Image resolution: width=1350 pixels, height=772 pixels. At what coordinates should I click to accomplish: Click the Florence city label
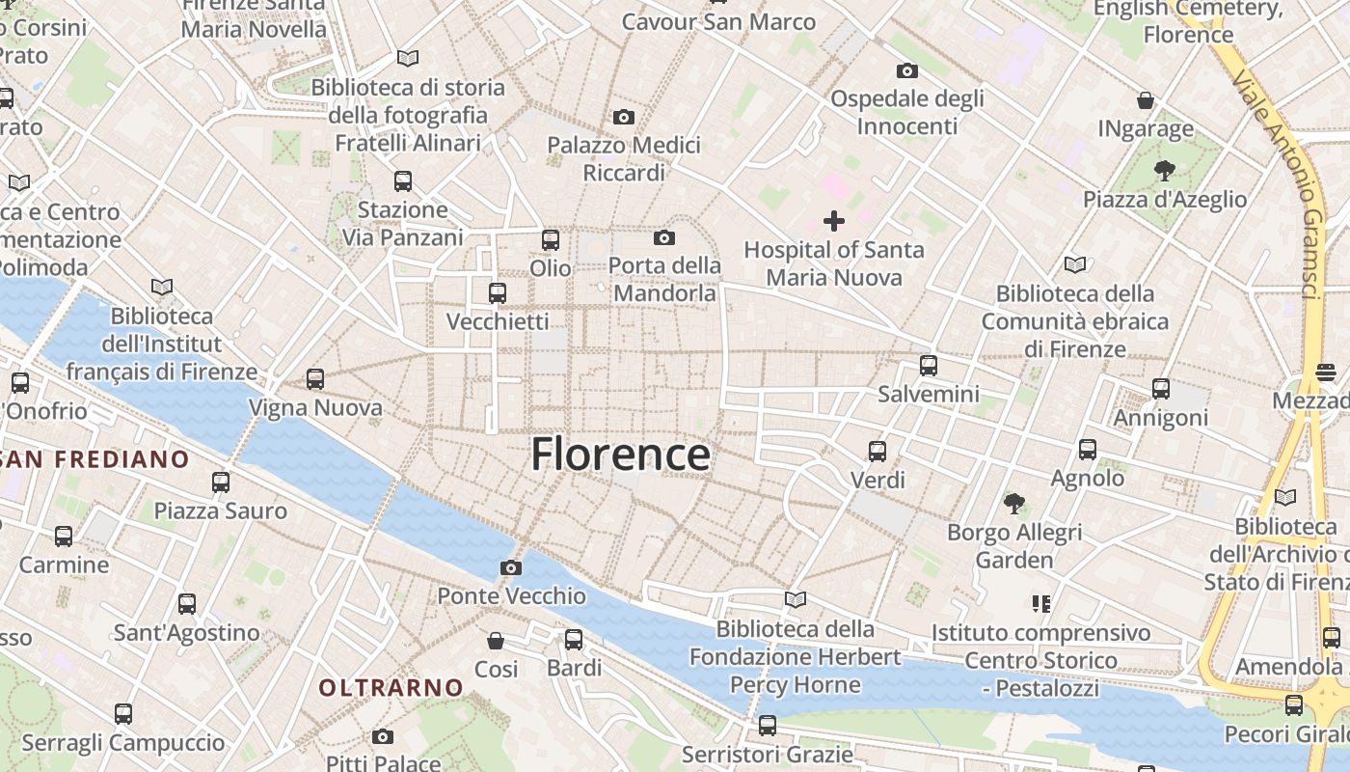(x=620, y=455)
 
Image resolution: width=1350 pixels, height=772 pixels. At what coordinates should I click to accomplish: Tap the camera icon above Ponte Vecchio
(x=511, y=567)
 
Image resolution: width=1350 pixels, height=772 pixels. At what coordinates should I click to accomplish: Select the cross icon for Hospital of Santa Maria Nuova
(x=834, y=221)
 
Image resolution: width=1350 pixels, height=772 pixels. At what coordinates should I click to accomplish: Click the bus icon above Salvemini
(x=928, y=366)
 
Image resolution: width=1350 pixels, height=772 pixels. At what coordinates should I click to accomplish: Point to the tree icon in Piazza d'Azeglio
(x=1164, y=172)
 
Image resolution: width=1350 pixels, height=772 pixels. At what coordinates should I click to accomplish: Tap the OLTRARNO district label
(x=391, y=687)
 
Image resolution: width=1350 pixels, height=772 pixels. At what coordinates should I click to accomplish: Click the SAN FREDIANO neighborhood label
(x=94, y=458)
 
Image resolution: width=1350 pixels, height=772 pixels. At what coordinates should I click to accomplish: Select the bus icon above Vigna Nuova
(x=315, y=379)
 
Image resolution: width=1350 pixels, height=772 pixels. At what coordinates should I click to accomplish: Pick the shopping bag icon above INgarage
(x=1146, y=100)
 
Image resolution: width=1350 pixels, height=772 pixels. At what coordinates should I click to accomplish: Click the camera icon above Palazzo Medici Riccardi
(x=624, y=118)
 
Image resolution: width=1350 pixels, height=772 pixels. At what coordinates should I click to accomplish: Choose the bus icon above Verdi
(x=877, y=451)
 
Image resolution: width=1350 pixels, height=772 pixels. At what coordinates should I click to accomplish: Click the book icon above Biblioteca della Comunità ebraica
(x=1075, y=264)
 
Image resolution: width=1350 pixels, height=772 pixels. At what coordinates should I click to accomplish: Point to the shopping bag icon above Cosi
(x=496, y=641)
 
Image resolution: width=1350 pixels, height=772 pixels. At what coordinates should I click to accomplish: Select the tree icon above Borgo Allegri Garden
(x=1013, y=503)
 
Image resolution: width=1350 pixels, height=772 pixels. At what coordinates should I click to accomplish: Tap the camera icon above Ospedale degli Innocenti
(x=906, y=70)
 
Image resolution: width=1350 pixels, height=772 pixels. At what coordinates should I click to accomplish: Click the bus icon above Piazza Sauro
(x=221, y=482)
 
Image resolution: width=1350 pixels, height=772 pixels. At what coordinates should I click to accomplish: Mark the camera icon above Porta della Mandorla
(x=663, y=237)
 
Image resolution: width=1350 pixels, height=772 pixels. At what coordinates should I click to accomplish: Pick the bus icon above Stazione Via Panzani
(x=403, y=180)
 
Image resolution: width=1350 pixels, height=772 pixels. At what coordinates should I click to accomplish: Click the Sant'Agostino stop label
(x=187, y=633)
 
